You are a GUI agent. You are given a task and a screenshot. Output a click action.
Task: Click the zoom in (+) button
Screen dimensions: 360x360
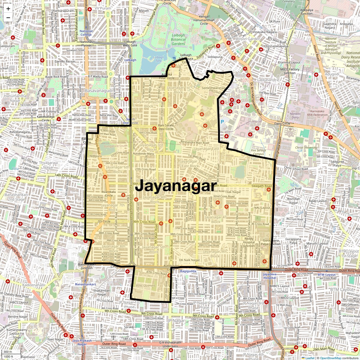(x=8, y=9)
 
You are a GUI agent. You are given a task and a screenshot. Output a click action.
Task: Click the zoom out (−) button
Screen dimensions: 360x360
(x=8, y=17)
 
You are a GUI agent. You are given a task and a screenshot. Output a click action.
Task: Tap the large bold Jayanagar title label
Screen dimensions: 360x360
(x=175, y=186)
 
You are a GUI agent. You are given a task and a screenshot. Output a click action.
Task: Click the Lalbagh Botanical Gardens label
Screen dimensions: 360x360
(x=178, y=39)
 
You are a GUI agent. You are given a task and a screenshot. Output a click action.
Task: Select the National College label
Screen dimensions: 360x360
(x=86, y=33)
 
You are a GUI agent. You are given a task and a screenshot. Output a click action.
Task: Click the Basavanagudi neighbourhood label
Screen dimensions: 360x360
(x=99, y=90)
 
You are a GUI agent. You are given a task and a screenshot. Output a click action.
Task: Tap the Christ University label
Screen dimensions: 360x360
(x=306, y=148)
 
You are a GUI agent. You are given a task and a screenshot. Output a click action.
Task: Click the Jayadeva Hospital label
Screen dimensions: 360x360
(x=269, y=276)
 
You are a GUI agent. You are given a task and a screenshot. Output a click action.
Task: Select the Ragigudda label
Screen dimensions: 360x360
(x=188, y=271)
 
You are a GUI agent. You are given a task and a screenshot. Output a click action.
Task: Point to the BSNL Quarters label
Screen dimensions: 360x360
(x=145, y=286)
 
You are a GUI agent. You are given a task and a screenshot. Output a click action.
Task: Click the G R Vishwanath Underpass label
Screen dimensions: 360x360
(x=170, y=344)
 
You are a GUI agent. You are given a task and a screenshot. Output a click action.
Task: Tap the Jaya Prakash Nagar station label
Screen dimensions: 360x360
(x=82, y=342)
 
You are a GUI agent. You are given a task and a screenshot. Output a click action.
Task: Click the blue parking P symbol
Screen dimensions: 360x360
(x=222, y=122)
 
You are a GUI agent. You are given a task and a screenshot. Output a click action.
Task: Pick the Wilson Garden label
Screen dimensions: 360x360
(x=248, y=39)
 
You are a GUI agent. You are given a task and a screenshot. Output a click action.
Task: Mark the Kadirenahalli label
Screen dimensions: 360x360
(x=34, y=285)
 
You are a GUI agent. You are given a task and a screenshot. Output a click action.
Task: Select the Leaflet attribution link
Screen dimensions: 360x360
(x=310, y=358)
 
